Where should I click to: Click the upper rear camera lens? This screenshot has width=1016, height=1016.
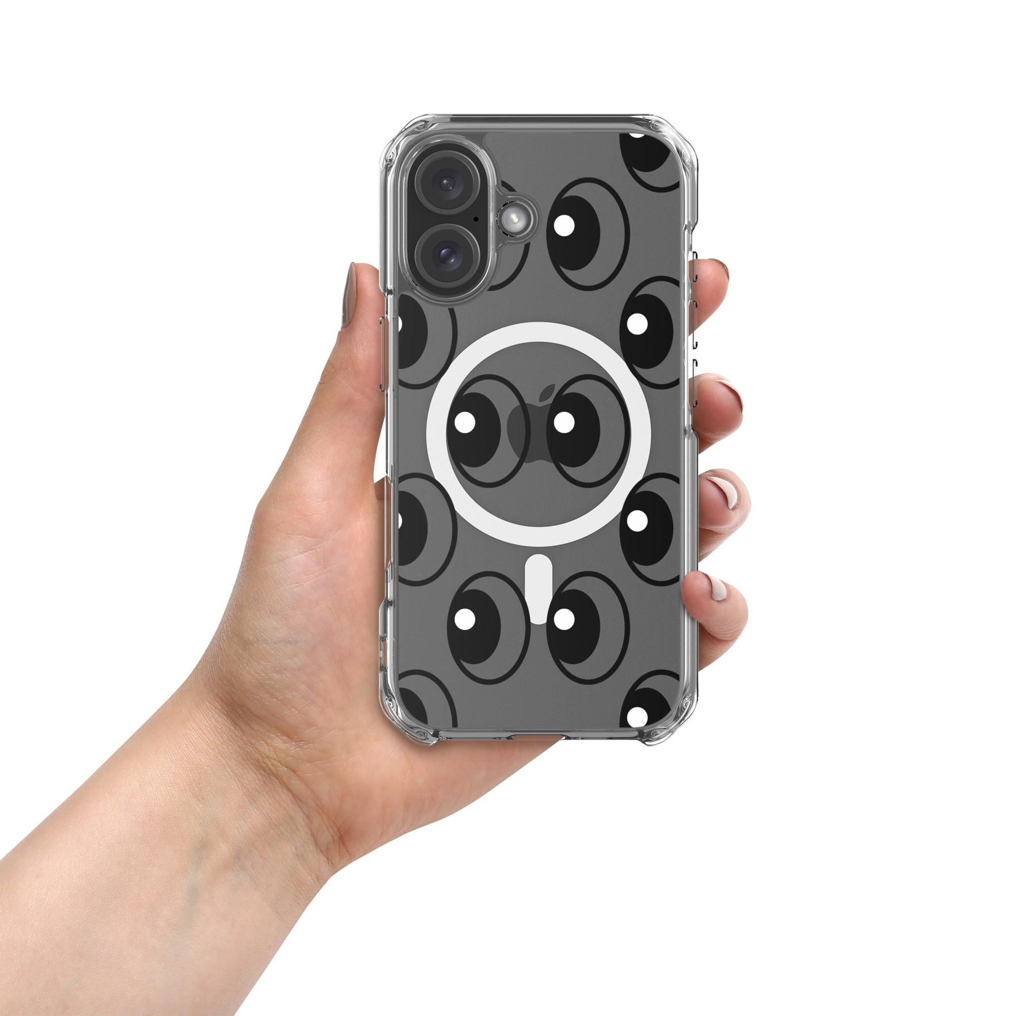pyautogui.click(x=448, y=183)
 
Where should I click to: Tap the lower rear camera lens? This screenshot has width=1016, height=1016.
pyautogui.click(x=448, y=256)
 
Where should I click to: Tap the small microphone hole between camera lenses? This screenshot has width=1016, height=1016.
pyautogui.click(x=476, y=218)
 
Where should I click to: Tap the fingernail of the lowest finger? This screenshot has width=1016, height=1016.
pyautogui.click(x=716, y=587)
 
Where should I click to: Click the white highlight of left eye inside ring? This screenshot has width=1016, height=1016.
pyautogui.click(x=465, y=422)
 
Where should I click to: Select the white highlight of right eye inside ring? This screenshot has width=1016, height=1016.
pyautogui.click(x=564, y=422)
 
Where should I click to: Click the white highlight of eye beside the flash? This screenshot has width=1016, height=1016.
pyautogui.click(x=564, y=225)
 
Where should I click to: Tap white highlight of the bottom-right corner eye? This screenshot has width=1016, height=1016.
pyautogui.click(x=637, y=716)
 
